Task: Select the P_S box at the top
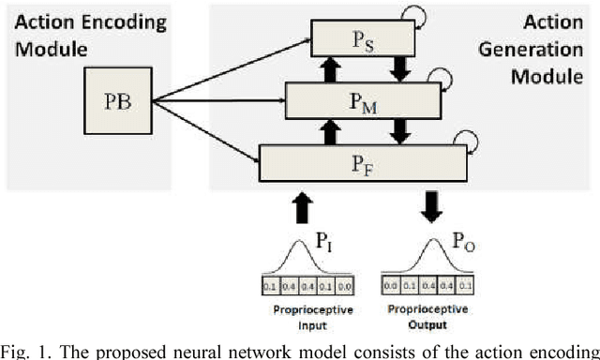(x=362, y=38)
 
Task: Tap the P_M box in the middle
(x=363, y=97)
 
